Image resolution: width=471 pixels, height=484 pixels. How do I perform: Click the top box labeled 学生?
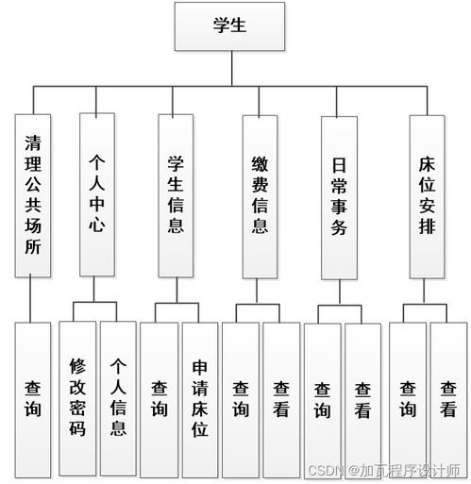[x=229, y=25]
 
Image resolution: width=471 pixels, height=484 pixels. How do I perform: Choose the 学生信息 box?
[x=176, y=195]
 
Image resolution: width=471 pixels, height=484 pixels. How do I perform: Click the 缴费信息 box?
[x=261, y=196]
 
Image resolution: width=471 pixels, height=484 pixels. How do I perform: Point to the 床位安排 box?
[x=427, y=195]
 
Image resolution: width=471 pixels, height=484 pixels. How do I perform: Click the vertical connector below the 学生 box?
[x=229, y=68]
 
